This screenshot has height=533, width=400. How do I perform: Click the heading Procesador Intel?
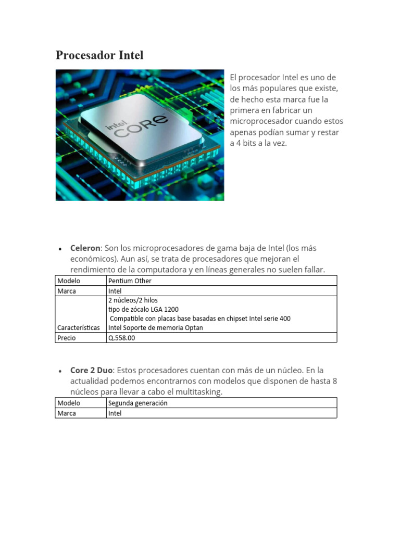point(99,55)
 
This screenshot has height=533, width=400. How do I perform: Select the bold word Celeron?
point(85,248)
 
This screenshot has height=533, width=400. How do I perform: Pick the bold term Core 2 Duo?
point(92,371)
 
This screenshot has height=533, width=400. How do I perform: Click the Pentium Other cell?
point(130,281)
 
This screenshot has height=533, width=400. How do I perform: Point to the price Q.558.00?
point(121,338)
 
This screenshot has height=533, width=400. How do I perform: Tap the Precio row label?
point(67,338)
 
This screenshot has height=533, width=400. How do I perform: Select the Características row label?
point(79,328)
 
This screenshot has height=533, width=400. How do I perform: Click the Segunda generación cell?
point(138,403)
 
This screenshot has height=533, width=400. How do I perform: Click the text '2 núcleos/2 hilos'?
point(133,300)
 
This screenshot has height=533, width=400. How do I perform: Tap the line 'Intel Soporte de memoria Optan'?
point(155,328)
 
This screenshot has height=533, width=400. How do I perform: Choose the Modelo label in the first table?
point(69,281)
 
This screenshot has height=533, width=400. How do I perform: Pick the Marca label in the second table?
point(67,413)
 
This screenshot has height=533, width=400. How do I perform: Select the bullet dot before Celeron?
point(60,249)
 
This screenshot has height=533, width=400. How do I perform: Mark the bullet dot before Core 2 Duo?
point(60,372)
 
